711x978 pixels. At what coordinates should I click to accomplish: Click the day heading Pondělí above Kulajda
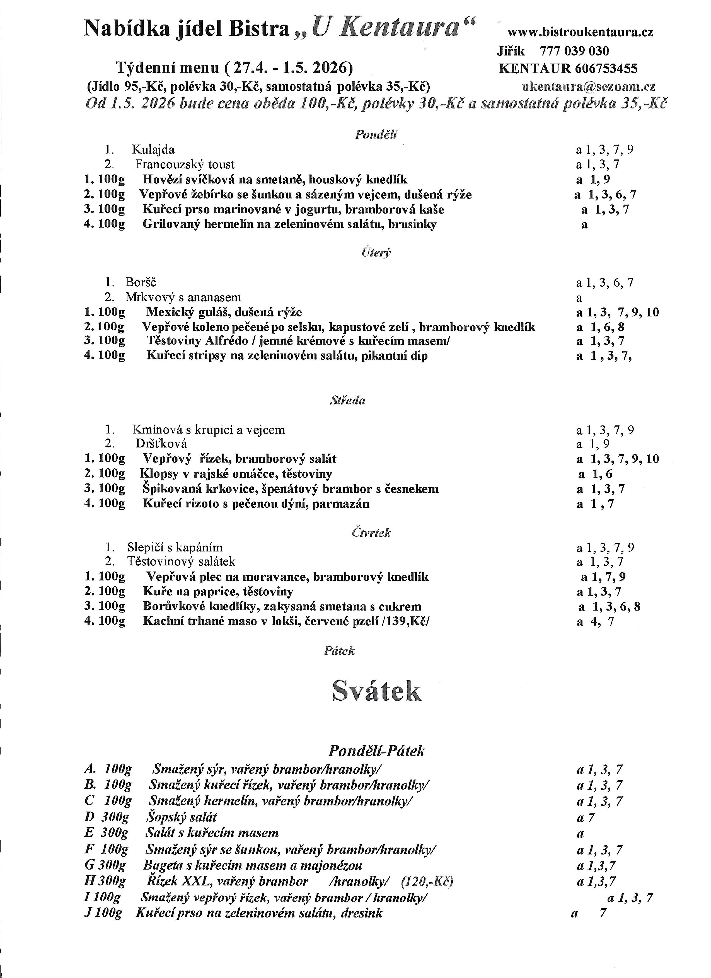[x=376, y=135]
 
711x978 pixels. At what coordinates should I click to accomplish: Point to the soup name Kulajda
[x=153, y=150]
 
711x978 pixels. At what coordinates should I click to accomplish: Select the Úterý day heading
[x=376, y=252]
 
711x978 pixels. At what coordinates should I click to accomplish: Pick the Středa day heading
[x=347, y=401]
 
